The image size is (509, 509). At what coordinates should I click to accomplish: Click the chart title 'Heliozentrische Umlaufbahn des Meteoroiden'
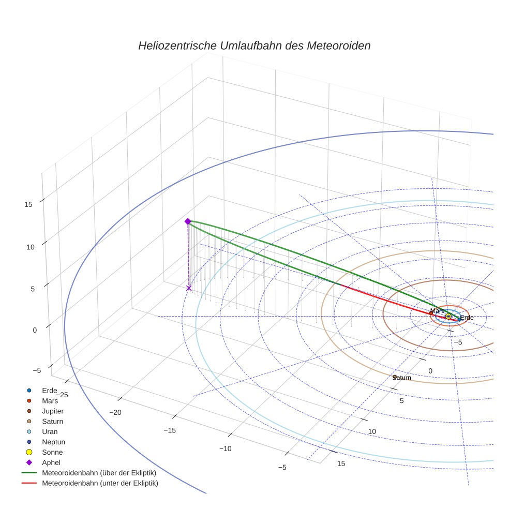(x=254, y=46)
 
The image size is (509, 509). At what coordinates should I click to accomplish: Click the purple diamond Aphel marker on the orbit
(x=188, y=221)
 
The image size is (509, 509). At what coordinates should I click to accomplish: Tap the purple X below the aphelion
(x=189, y=288)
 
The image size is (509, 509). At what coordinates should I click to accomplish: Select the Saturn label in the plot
(x=402, y=378)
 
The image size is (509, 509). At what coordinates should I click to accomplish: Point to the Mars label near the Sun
(x=437, y=310)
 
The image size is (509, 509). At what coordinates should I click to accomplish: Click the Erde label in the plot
(x=467, y=317)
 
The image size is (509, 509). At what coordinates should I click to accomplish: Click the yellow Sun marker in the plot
(x=448, y=316)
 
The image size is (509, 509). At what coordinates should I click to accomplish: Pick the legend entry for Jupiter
(x=53, y=411)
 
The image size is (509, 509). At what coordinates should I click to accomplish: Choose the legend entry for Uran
(x=50, y=431)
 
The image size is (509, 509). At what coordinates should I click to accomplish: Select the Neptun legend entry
(x=53, y=442)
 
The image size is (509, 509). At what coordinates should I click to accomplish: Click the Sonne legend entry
(x=52, y=452)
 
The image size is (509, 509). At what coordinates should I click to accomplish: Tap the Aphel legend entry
(x=51, y=462)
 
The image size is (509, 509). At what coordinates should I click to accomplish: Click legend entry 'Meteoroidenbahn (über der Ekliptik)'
(x=99, y=473)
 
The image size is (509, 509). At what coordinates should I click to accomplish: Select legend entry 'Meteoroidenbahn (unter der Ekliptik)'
(x=100, y=483)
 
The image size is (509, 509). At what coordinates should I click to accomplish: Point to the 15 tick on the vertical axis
(x=28, y=204)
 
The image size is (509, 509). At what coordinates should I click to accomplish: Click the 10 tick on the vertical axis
(x=30, y=247)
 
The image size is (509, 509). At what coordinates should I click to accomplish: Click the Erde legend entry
(x=49, y=390)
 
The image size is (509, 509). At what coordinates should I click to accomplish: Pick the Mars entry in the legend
(x=50, y=400)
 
